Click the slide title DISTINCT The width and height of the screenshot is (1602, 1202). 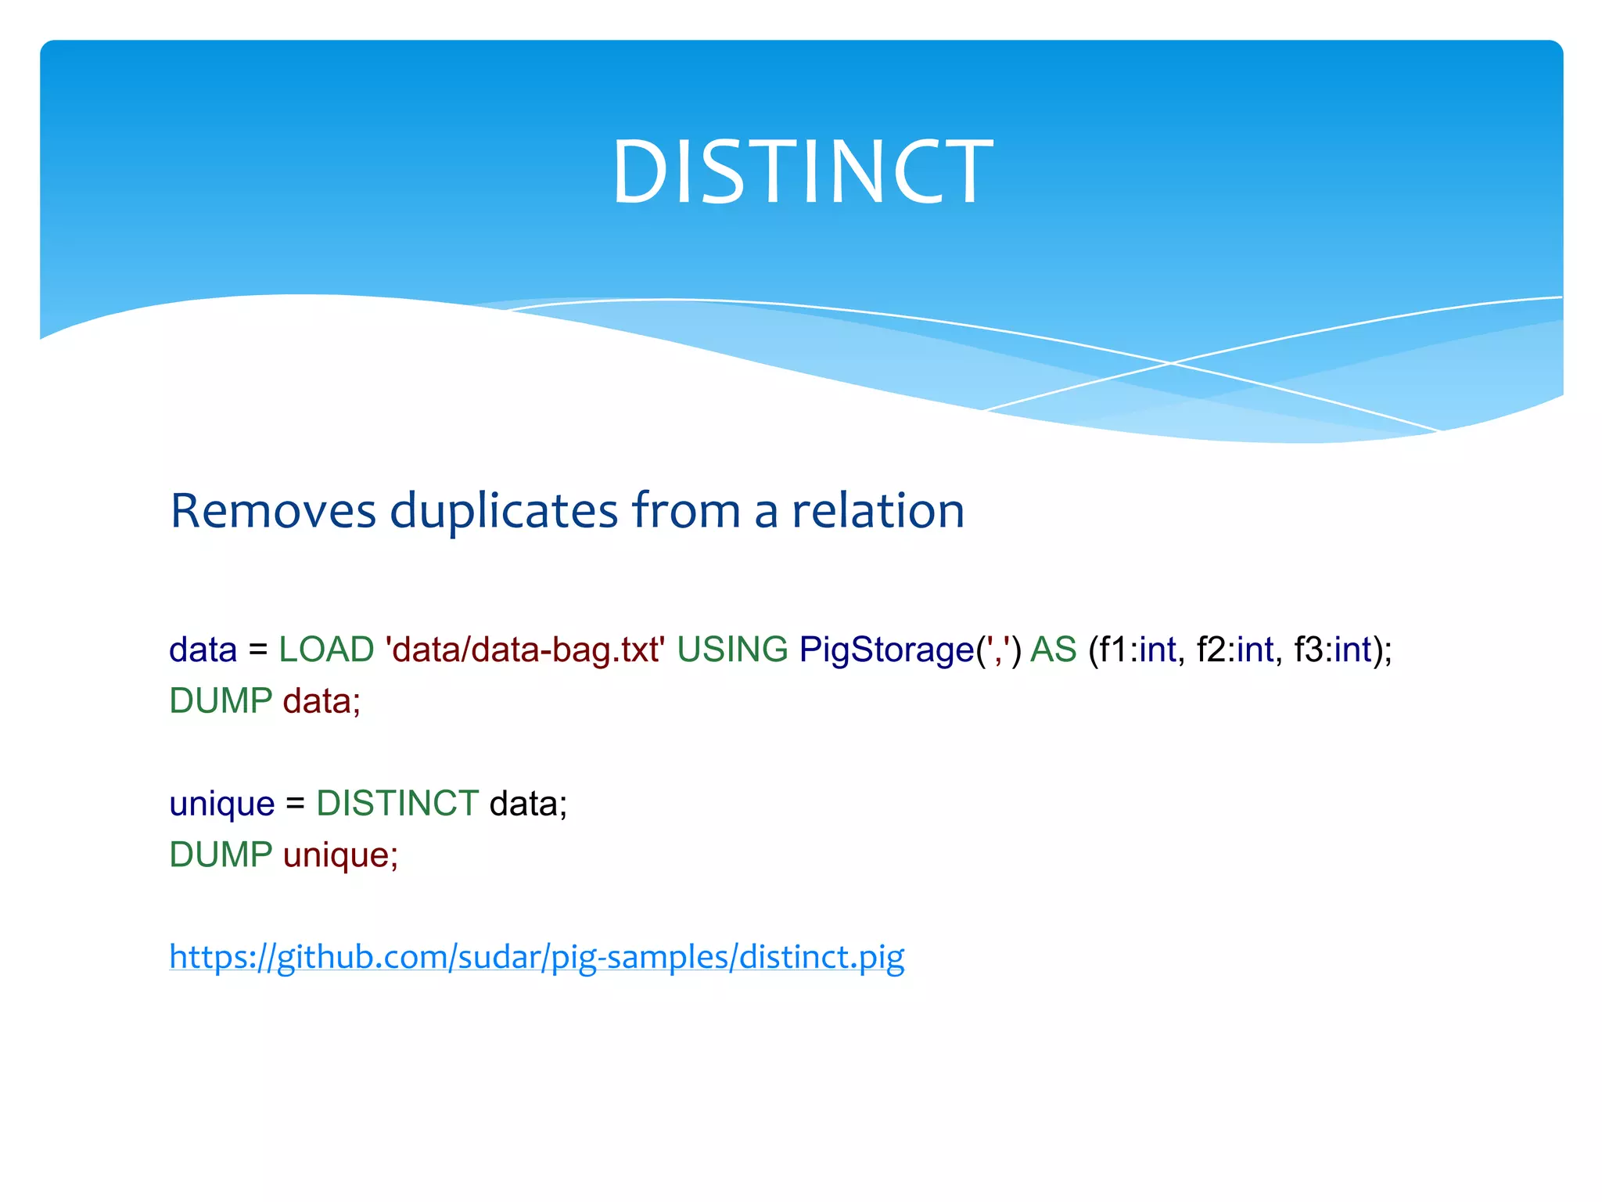[x=801, y=172]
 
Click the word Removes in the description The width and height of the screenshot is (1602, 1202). [x=273, y=511]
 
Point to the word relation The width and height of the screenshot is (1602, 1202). [x=878, y=511]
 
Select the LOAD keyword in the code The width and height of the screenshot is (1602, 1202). [x=326, y=650]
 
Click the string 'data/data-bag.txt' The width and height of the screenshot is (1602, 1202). [x=525, y=650]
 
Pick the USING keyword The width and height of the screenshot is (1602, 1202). [x=732, y=650]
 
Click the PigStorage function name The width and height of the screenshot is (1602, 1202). [x=886, y=650]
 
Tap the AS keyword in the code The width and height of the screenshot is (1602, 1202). [x=1053, y=650]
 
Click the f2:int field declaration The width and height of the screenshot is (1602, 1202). [x=1236, y=650]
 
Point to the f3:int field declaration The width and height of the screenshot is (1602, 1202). [x=1334, y=650]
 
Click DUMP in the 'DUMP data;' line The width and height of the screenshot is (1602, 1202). [x=221, y=701]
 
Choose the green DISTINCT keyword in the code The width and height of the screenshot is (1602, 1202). [x=397, y=804]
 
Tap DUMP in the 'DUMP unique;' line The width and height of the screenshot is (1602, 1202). [x=221, y=855]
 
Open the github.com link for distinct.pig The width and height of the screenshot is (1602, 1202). [x=537, y=957]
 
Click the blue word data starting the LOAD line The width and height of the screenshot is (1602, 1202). [x=203, y=650]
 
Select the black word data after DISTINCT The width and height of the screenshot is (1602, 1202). [x=523, y=804]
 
